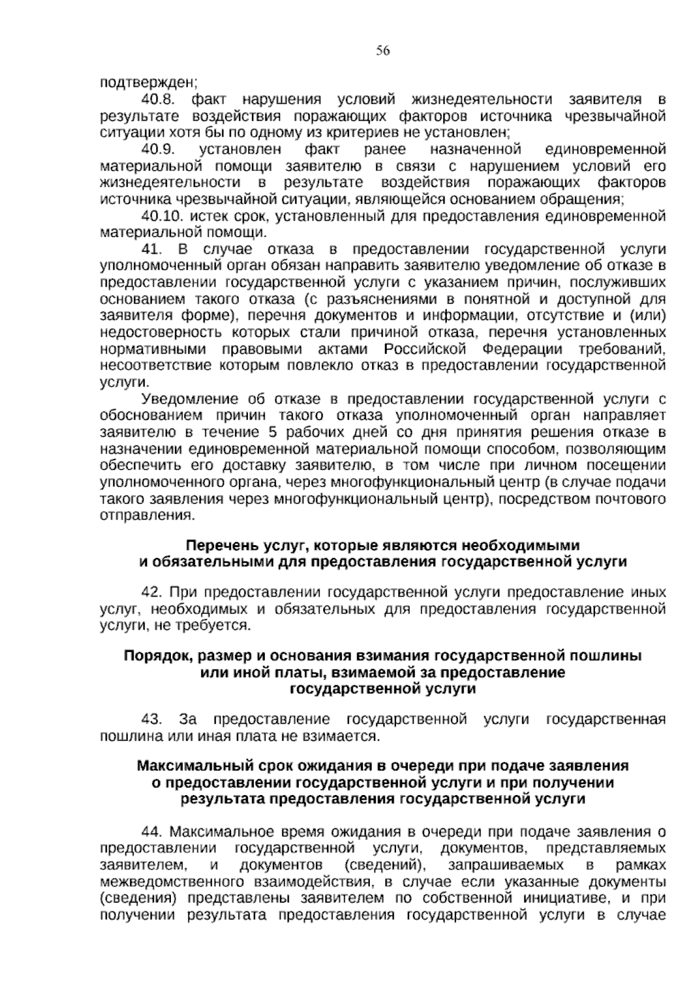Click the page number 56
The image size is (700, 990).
[383, 51]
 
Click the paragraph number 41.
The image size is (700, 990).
[150, 250]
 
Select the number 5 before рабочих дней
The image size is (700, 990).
[272, 433]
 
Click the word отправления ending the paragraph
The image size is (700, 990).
[146, 516]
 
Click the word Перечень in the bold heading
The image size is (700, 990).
[215, 546]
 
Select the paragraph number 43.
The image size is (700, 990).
[151, 719]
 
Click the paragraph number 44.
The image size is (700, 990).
[152, 831]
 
